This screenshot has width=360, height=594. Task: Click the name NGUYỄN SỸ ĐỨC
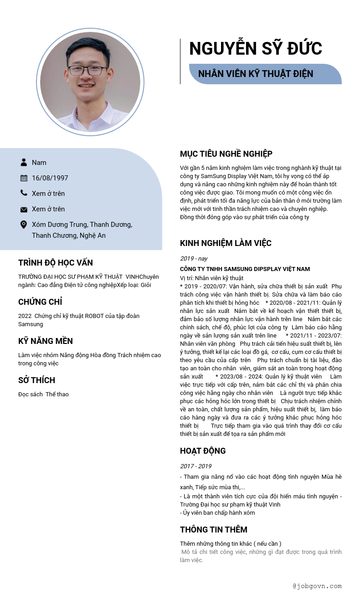pyautogui.click(x=255, y=49)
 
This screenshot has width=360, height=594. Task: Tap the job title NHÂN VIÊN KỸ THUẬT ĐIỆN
pyautogui.click(x=256, y=74)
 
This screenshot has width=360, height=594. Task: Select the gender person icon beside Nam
pyautogui.click(x=24, y=162)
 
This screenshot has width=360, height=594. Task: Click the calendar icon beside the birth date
pyautogui.click(x=24, y=178)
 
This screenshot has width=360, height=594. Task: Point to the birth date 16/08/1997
pyautogui.click(x=50, y=178)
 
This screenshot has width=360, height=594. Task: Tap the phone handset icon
pyautogui.click(x=24, y=193)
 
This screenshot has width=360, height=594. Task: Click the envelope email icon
pyautogui.click(x=24, y=209)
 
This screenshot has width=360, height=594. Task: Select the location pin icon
pyautogui.click(x=24, y=225)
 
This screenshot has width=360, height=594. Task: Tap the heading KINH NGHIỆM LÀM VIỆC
pyautogui.click(x=226, y=243)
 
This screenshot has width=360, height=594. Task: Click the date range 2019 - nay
pyautogui.click(x=194, y=258)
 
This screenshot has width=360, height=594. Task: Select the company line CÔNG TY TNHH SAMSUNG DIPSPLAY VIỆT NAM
pyautogui.click(x=245, y=269)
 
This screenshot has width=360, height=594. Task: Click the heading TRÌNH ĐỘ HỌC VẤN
pyautogui.click(x=56, y=263)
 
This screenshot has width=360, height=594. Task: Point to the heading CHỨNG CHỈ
pyautogui.click(x=40, y=302)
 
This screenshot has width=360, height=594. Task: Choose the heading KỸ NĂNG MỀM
pyautogui.click(x=46, y=341)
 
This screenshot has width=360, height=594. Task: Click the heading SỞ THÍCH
pyautogui.click(x=36, y=380)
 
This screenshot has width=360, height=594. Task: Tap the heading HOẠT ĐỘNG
pyautogui.click(x=203, y=451)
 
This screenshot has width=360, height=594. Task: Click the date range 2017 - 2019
pyautogui.click(x=195, y=466)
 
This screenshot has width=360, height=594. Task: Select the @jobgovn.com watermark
pyautogui.click(x=317, y=586)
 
